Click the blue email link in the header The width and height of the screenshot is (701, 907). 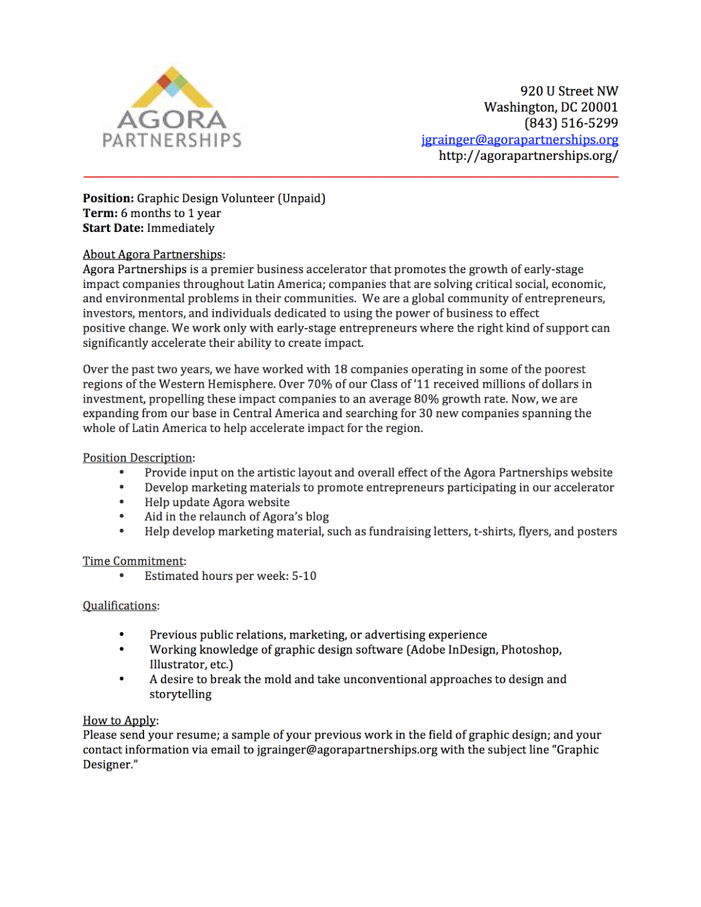[520, 139]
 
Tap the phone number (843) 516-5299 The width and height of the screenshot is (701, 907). [571, 123]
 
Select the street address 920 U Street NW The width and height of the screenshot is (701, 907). [569, 91]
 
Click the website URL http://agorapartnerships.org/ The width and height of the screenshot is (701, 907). [528, 155]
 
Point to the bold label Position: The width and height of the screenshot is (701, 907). [108, 198]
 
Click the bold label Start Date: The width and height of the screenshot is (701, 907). [113, 228]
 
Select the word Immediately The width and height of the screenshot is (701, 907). [180, 228]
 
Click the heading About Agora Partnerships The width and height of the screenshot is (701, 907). [153, 255]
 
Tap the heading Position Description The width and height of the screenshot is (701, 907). [138, 457]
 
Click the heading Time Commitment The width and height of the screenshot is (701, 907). [133, 561]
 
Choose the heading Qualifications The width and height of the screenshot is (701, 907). [120, 605]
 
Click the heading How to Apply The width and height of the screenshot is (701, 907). [119, 720]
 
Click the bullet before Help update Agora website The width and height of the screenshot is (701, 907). [121, 502]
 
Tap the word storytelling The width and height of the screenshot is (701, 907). [180, 694]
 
